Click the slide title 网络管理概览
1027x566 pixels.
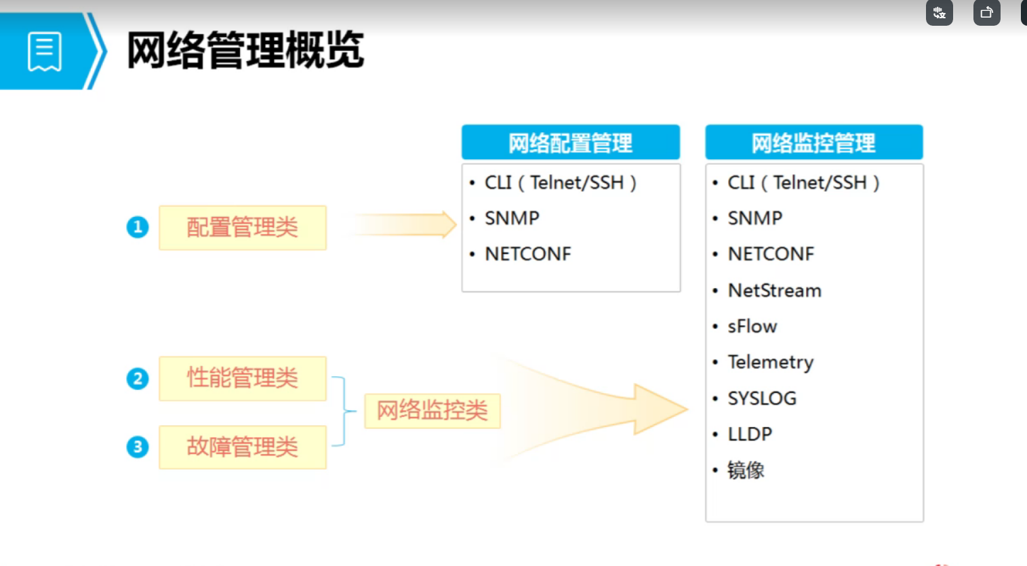click(245, 50)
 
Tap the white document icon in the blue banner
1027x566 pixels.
click(45, 52)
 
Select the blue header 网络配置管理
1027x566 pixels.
click(571, 142)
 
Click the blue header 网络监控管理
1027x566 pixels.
click(814, 142)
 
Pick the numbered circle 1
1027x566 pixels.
click(138, 227)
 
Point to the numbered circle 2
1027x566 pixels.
click(138, 378)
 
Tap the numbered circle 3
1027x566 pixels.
click(138, 447)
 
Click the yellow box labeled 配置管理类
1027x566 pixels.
click(243, 227)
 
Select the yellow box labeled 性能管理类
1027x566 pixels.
click(243, 378)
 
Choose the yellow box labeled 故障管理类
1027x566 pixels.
click(243, 447)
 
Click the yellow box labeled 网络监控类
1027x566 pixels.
click(432, 411)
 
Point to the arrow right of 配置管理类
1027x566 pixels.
click(403, 224)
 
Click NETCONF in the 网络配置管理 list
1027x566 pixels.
click(527, 254)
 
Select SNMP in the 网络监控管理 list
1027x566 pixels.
click(754, 218)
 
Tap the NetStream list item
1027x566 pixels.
click(774, 291)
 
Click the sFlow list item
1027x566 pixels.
click(752, 326)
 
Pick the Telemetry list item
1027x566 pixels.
click(771, 363)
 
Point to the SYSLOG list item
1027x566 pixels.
click(762, 399)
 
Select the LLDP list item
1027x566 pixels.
click(750, 434)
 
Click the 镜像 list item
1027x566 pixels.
click(746, 470)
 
